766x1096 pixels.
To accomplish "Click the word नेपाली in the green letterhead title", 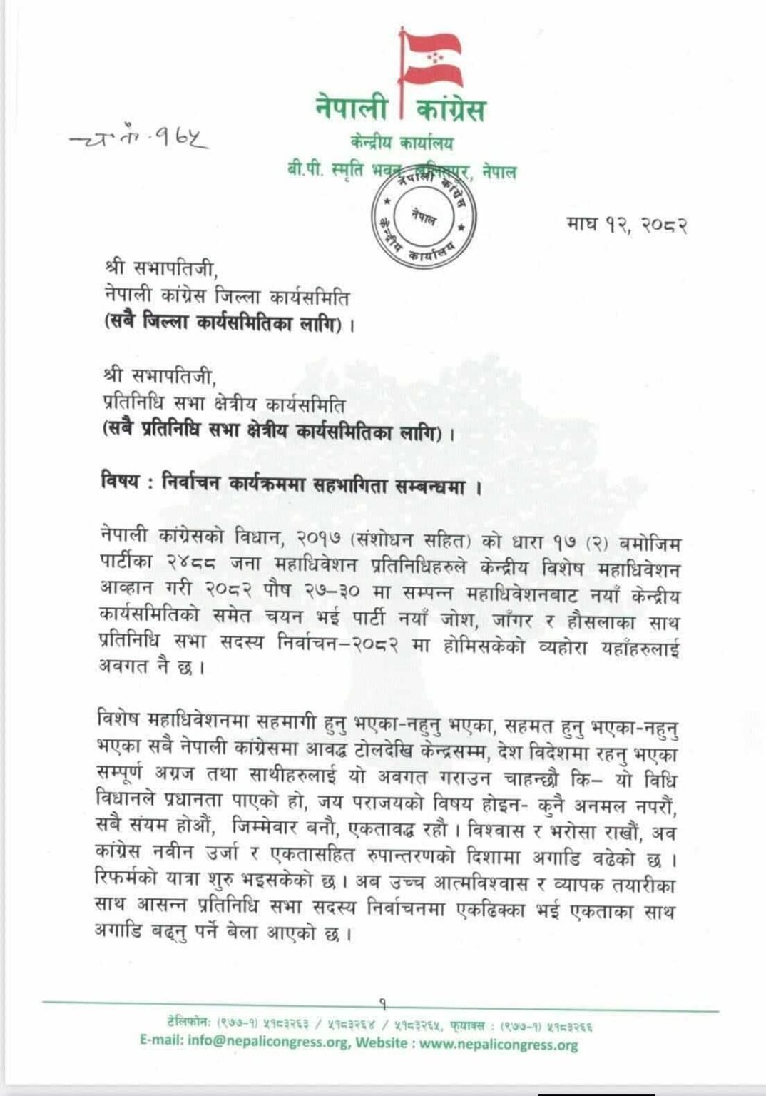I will (x=352, y=109).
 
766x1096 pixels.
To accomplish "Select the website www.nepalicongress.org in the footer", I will (x=498, y=1045).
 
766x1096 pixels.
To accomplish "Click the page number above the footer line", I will (x=383, y=1003).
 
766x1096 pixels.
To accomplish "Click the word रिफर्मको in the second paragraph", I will (x=126, y=881).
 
